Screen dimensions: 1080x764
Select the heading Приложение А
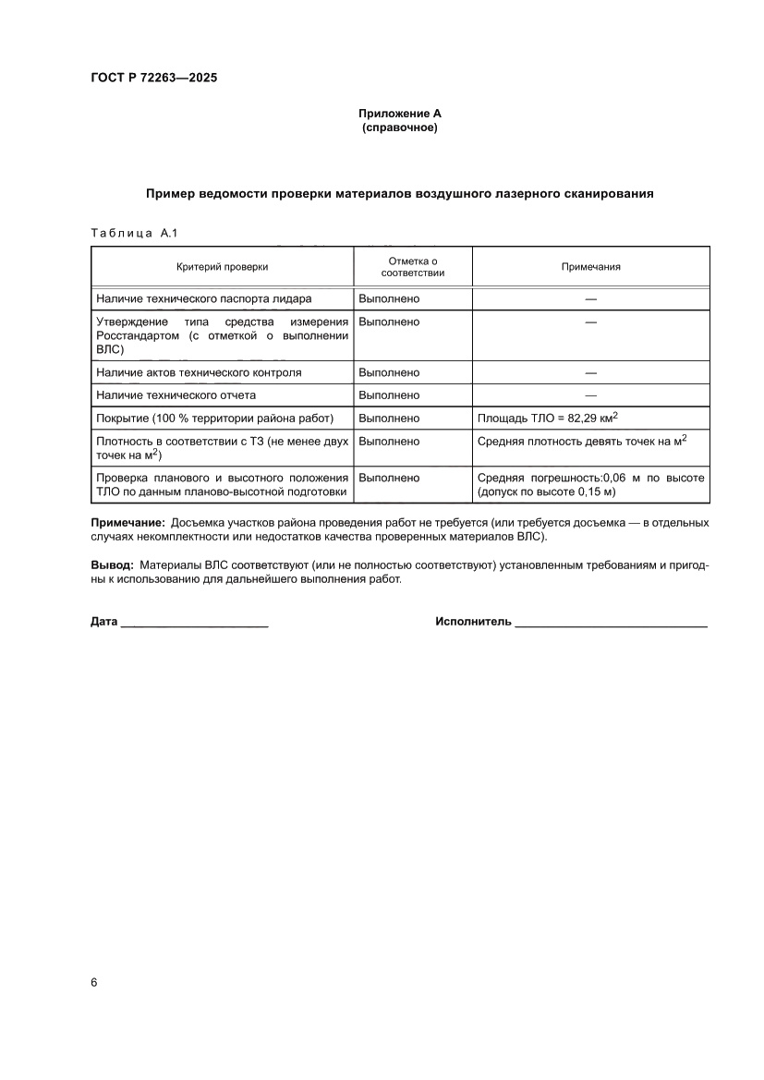point(400,113)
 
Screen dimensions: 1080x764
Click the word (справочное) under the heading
point(400,127)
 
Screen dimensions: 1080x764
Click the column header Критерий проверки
point(223,266)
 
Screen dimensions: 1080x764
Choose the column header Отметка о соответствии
point(413,266)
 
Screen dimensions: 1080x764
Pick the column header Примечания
point(590,266)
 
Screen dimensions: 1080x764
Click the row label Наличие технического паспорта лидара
point(204,298)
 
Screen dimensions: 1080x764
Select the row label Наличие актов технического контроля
point(199,372)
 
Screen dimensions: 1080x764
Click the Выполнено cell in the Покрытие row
point(389,419)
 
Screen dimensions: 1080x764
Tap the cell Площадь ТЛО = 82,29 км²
point(547,418)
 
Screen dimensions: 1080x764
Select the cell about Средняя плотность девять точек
point(581,441)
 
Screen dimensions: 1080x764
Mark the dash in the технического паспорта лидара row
point(590,298)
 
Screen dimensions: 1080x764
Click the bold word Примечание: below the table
point(127,523)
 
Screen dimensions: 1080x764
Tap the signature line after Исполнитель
point(611,624)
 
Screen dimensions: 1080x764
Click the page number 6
point(94,982)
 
